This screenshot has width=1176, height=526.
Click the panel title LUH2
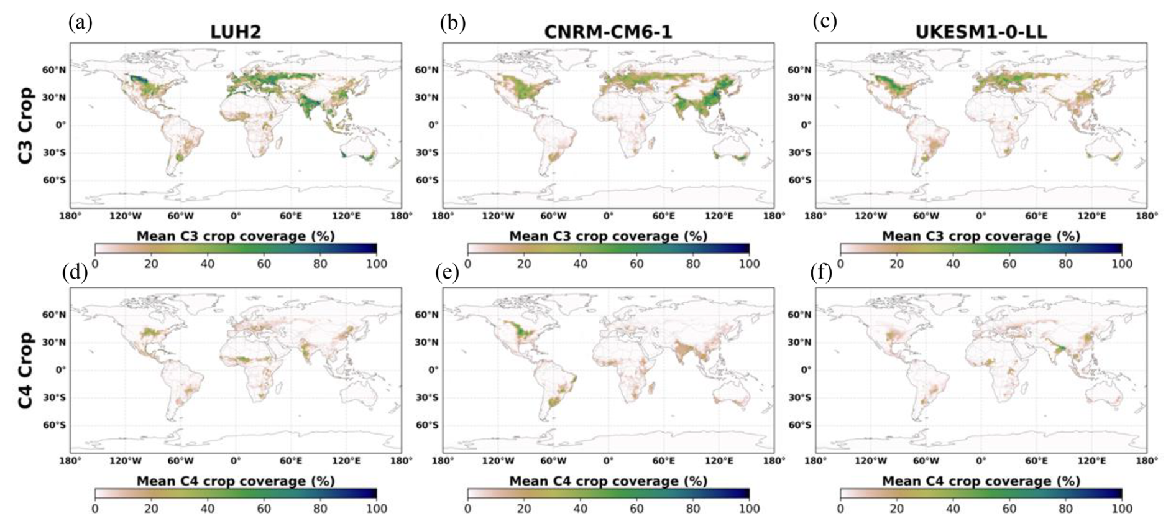pos(235,32)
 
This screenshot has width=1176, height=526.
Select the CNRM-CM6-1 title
pos(608,32)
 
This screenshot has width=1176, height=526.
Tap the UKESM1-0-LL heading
pos(981,32)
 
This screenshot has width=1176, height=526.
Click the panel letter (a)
pos(81,23)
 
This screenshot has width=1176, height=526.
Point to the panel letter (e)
pos(453,274)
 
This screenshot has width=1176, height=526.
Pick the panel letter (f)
pos(824,274)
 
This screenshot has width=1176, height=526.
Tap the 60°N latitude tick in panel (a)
pos(54,70)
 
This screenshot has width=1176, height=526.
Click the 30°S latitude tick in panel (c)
pos(799,152)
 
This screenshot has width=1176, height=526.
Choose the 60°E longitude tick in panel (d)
pos(290,461)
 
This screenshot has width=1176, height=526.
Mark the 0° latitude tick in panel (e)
pos(432,369)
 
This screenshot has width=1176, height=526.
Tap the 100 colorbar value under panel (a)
pos(376,264)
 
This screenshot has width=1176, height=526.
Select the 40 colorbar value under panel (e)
pos(580,508)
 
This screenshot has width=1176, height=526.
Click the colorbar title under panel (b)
pos(609,236)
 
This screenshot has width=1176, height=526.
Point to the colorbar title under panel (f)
pos(981,481)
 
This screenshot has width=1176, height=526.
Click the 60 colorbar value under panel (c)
pos(1009,264)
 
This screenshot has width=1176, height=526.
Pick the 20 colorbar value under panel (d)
pos(151,508)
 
